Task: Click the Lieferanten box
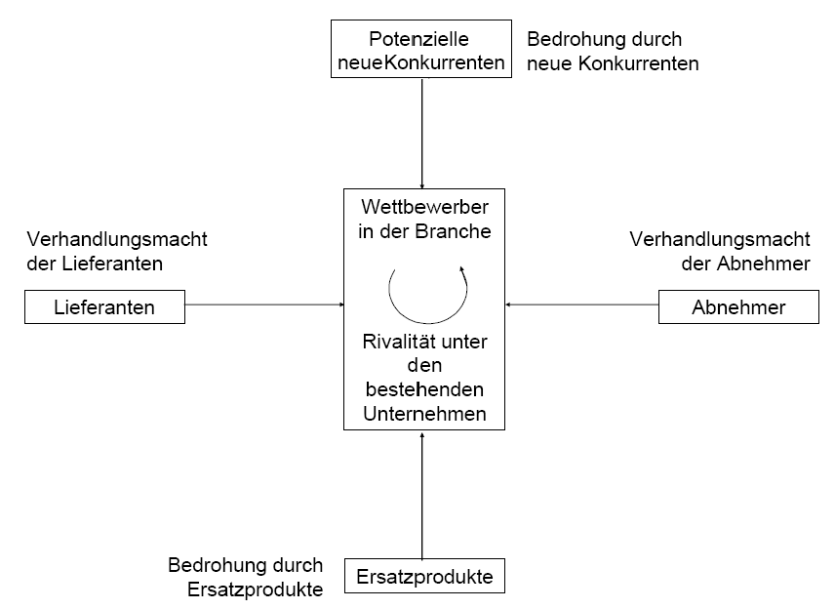coord(105,306)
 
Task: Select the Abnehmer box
coord(738,306)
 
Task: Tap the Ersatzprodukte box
coord(424,576)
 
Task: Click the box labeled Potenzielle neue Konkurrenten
coord(421,49)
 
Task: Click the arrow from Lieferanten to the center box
coord(264,304)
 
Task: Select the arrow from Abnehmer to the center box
coord(582,304)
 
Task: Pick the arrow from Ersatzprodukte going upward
coord(422,496)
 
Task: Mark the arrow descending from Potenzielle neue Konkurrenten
coord(422,133)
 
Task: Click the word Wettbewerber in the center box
coord(424,207)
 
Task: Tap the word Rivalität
coord(393,342)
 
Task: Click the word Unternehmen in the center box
coord(424,414)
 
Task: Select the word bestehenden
coord(424,389)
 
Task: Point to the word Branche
coord(454,231)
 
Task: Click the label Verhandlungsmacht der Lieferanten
coord(117,251)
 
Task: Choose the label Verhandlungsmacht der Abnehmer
coord(720,251)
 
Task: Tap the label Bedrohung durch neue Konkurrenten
coord(613,51)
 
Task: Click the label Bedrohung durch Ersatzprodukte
coord(246,577)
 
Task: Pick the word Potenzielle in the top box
coord(419,39)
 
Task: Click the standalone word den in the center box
coord(424,366)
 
